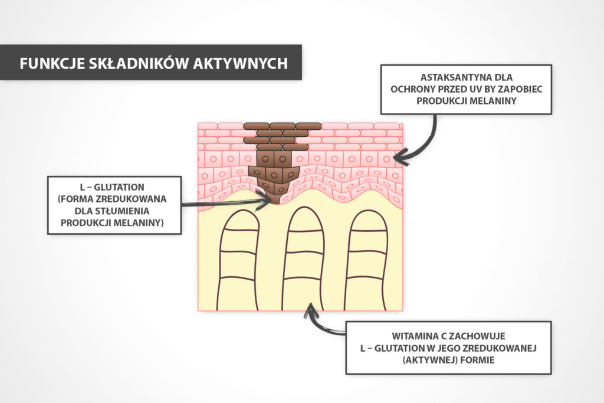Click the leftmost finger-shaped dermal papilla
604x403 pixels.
239,260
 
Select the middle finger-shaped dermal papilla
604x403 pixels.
303,260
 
